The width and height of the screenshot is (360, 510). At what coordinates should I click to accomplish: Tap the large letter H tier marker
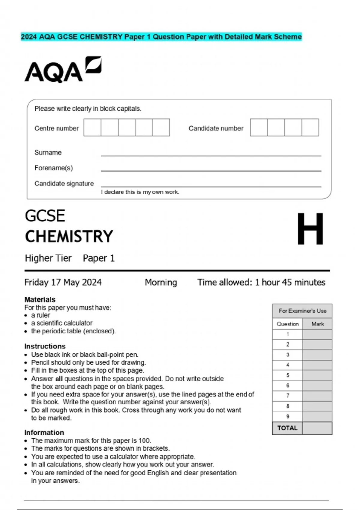pos(310,229)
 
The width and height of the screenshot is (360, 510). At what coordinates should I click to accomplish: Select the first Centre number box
pos(92,127)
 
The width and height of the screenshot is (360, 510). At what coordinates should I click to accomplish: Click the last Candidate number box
pos(310,127)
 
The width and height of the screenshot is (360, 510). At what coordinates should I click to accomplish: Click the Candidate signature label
pos(64,183)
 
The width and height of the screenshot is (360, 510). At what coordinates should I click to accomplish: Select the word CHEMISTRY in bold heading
pos(69,236)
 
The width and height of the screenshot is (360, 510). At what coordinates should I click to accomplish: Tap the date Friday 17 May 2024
pos(63,282)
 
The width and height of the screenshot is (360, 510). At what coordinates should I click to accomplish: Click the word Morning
pos(161,282)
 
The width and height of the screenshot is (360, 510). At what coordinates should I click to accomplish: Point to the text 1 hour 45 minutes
pos(290,282)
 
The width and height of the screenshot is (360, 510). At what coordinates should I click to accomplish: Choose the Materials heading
pos(40,299)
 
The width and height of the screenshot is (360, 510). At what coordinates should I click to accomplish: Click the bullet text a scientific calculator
pos(62,323)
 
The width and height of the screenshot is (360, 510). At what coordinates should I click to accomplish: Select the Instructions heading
pos(45,346)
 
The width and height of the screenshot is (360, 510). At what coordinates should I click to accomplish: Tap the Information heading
pos(44,433)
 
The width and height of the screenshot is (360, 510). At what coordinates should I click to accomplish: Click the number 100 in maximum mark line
pos(144,441)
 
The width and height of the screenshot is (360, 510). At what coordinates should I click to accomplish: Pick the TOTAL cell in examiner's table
pos(287,428)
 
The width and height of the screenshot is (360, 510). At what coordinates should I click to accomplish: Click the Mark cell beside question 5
pos(317,375)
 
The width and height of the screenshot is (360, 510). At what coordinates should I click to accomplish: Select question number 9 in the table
pos(288,416)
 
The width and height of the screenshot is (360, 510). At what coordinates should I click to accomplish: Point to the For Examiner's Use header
pos(302,311)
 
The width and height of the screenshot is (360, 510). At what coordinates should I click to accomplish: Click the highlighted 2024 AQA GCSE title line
pos(161,37)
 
